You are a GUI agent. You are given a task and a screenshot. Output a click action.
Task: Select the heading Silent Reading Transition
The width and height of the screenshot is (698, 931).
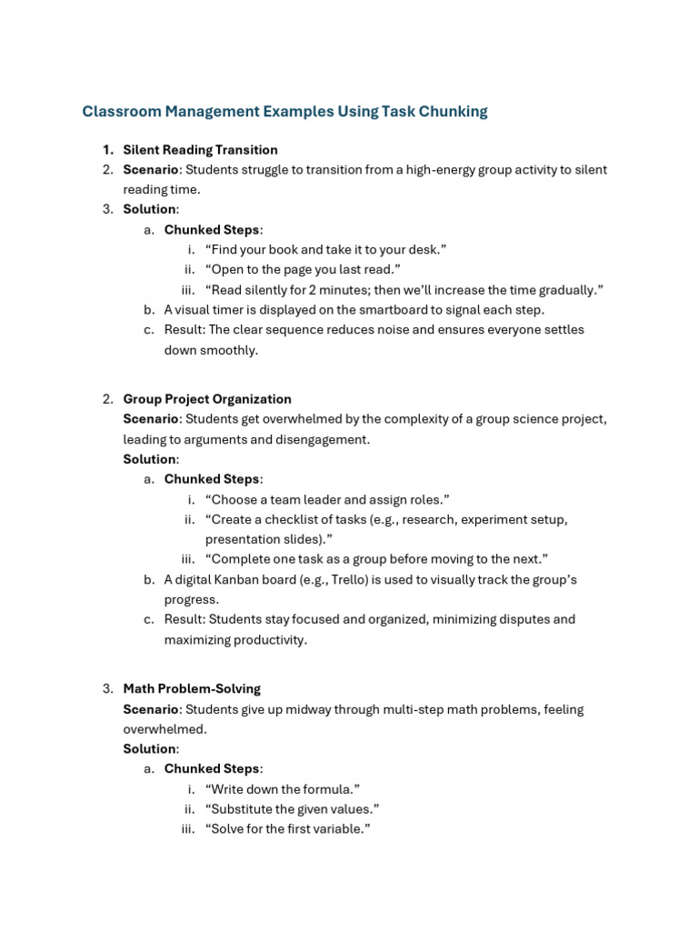200,150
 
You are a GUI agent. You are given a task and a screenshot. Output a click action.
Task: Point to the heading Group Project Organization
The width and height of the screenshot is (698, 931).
207,399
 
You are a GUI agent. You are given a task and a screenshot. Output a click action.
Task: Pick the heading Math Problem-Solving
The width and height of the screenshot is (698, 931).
192,689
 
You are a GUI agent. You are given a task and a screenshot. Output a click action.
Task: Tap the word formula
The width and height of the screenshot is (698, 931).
331,789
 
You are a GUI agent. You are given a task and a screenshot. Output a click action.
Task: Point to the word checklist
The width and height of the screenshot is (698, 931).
287,520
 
